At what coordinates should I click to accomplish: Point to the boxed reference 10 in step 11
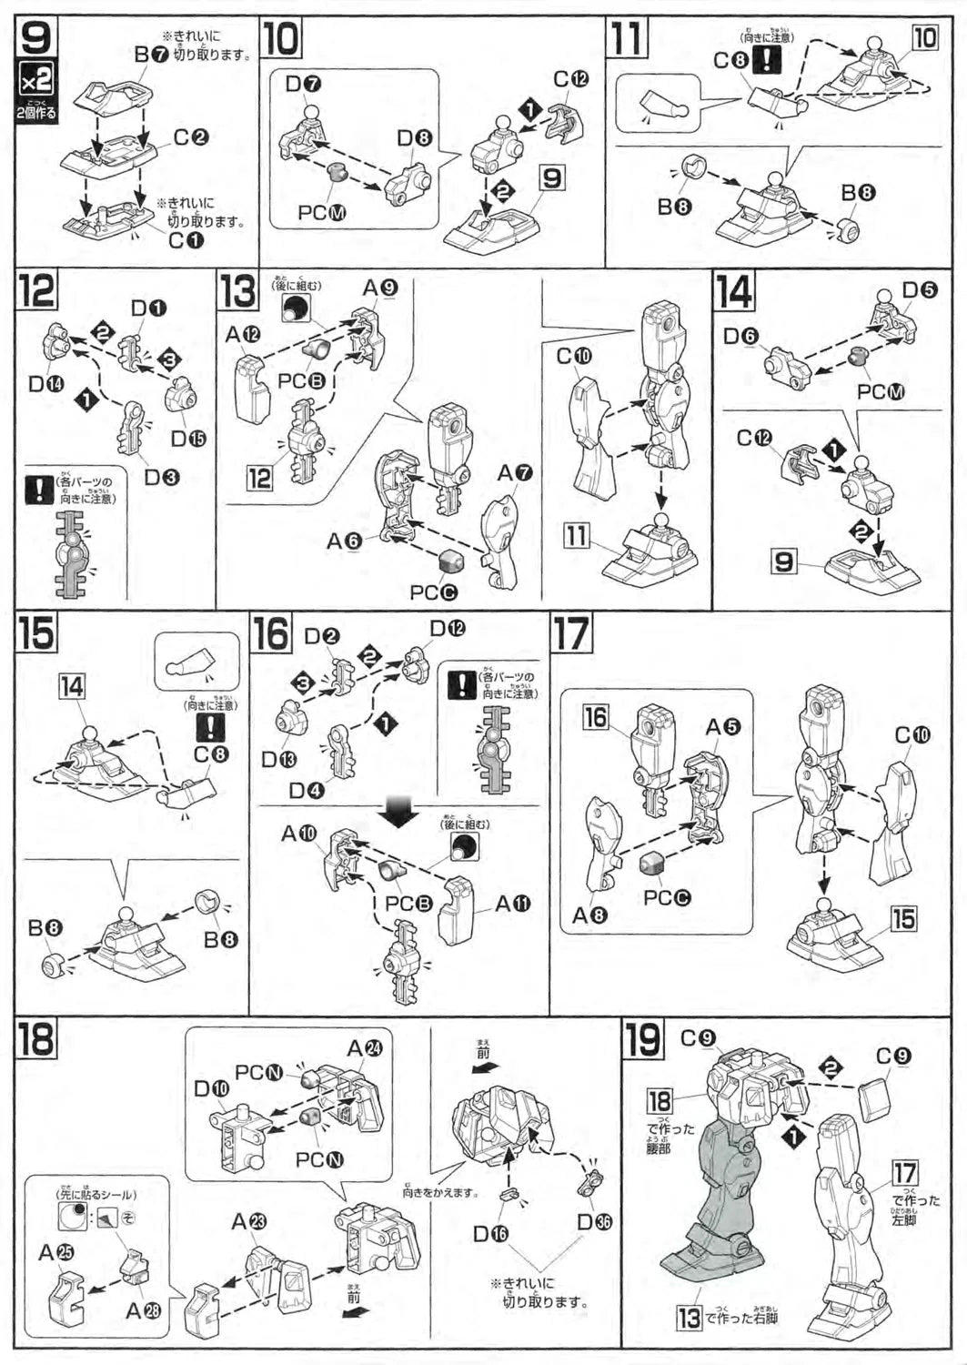924,38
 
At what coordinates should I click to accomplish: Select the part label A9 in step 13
380,288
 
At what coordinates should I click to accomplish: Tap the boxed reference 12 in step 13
260,477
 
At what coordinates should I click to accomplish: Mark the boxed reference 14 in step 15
71,686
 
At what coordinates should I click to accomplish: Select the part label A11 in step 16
512,904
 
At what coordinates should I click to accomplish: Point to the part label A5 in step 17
723,726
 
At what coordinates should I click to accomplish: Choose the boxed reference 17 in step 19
904,1174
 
